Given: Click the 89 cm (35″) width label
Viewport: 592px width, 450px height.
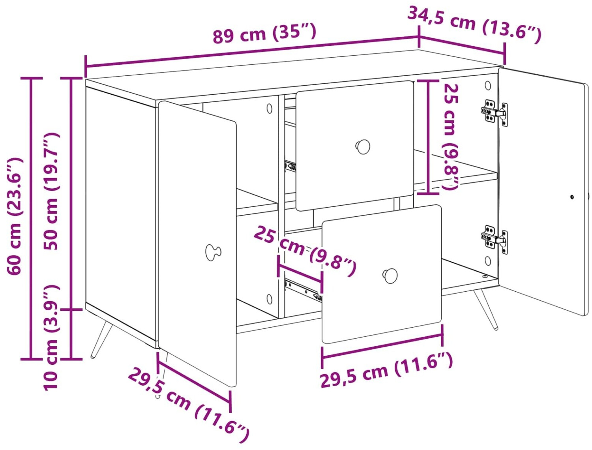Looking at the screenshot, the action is click(264, 34).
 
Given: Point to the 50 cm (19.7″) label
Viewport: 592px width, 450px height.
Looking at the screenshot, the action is click(51, 191).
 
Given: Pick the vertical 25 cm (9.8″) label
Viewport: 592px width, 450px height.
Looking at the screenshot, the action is click(451, 137).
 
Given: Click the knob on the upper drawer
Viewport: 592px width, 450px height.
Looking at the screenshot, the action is click(362, 147).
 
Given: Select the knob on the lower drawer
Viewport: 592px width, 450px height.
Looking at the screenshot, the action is click(390, 276).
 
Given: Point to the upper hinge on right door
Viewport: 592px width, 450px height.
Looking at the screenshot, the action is click(494, 113).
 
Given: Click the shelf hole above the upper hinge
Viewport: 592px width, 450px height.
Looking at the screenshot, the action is click(488, 85).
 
